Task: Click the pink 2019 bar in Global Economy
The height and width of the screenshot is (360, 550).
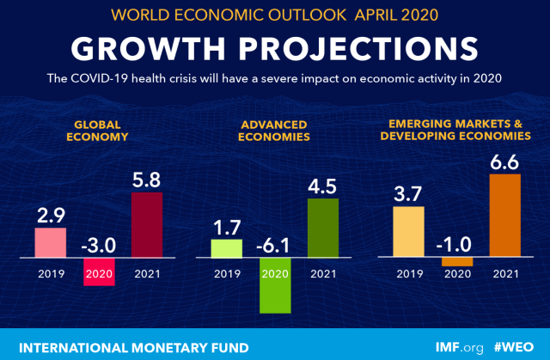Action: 50,242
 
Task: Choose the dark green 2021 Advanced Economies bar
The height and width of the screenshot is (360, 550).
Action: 322,228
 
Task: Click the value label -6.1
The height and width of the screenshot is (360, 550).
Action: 274,244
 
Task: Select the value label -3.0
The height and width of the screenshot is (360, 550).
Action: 98,244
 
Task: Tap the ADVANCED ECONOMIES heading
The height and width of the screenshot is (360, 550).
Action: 274,130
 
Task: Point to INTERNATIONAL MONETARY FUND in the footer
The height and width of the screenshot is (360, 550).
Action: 133,347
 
